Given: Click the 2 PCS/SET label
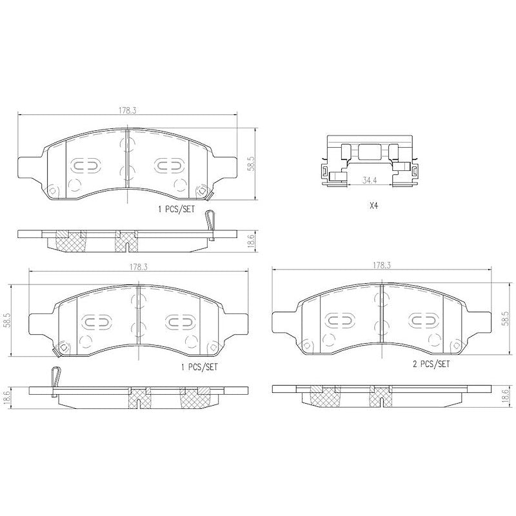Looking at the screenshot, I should (432, 364).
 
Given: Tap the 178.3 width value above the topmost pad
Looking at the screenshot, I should (128, 110).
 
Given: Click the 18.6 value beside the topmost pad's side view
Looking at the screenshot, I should (252, 240).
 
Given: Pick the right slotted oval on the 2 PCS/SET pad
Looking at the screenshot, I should (423, 321).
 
